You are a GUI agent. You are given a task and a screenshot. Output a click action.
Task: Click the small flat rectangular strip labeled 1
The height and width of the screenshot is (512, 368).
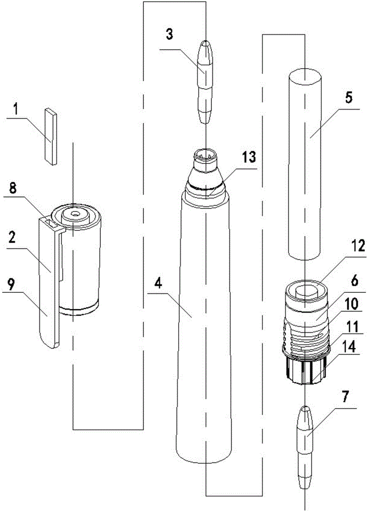point(50,137)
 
